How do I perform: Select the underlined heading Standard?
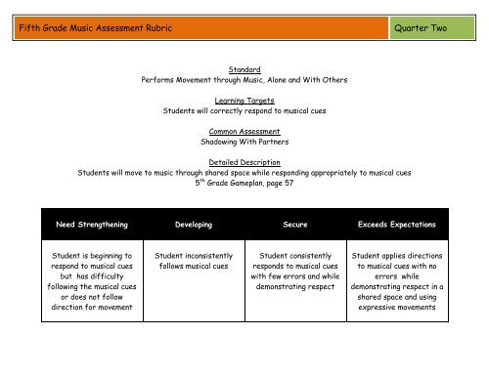(244, 69)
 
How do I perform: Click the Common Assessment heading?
(244, 130)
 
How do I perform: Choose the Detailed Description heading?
(244, 161)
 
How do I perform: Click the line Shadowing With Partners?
(244, 142)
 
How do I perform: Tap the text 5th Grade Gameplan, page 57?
(244, 182)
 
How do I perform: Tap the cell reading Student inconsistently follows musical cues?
(192, 259)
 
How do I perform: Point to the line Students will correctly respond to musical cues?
(244, 110)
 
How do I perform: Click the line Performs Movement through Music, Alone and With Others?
(244, 80)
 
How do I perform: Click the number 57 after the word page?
(287, 183)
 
